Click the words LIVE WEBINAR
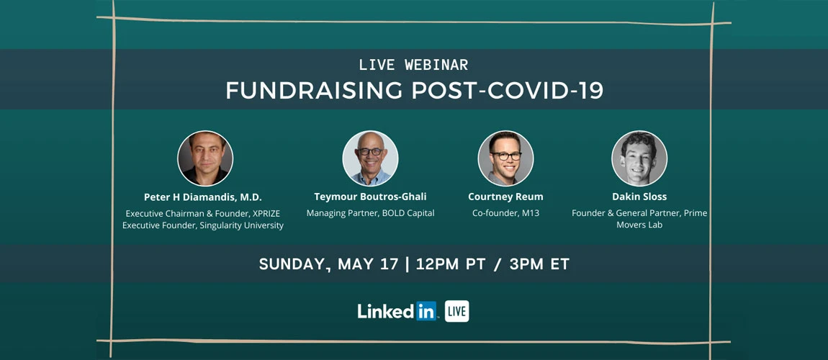pos(413,65)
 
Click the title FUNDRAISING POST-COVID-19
pos(414,90)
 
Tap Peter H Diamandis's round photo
pos(205,158)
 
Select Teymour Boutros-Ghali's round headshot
pos(370,158)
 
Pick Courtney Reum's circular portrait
pos(505,158)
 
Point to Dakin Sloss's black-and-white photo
pos(639,158)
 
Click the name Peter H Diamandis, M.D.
pos(203,197)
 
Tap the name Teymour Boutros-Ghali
pos(370,197)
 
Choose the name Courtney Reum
pos(505,197)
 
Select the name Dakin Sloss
pos(639,197)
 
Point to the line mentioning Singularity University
pos(203,225)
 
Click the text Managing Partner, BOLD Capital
pos(370,214)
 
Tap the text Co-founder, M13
pos(505,214)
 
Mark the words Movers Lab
pos(639,225)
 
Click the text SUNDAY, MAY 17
pos(328,264)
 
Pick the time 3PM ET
pos(539,264)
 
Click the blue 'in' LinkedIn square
pos(426,311)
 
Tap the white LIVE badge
pos(456,311)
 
